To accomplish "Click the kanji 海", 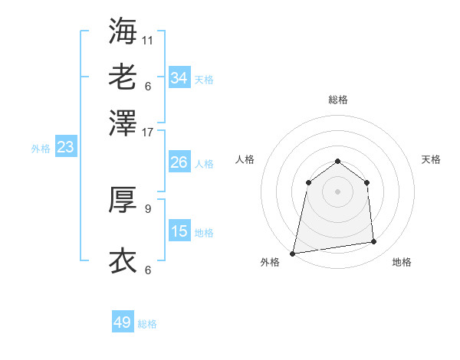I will pyautogui.click(x=123, y=31).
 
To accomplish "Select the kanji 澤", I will pyautogui.click(x=123, y=123).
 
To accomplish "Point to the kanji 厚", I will pyautogui.click(x=123, y=200).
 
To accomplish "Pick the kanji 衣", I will pyautogui.click(x=123, y=261).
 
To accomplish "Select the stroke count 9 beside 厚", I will pyautogui.click(x=148, y=208).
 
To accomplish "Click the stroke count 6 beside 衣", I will pyautogui.click(x=148, y=270).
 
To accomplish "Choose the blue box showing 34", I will pyautogui.click(x=179, y=78).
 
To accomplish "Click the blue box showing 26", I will pyautogui.click(x=179, y=162).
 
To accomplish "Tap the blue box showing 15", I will pyautogui.click(x=179, y=231).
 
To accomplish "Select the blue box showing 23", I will pyautogui.click(x=65, y=148).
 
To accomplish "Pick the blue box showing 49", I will pyautogui.click(x=123, y=323).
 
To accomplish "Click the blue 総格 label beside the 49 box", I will pyautogui.click(x=148, y=324).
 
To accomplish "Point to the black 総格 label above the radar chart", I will pyautogui.click(x=337, y=100).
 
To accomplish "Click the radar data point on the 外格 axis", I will pyautogui.click(x=293, y=253).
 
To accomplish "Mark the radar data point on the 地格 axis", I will pyautogui.click(x=374, y=242).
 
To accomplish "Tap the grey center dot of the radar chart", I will pyautogui.click(x=337, y=191).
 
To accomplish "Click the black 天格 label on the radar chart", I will pyautogui.click(x=432, y=159).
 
